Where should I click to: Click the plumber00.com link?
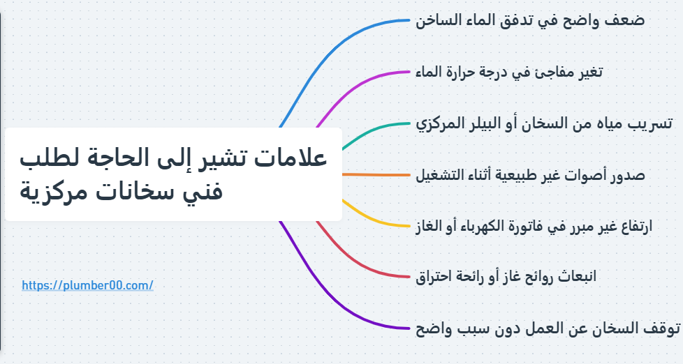click(x=87, y=285)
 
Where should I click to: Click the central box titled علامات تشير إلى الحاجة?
click(x=173, y=174)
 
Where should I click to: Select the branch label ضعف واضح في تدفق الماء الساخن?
click(x=530, y=20)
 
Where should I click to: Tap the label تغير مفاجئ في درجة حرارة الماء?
click(x=509, y=72)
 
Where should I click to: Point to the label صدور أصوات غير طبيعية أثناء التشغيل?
click(x=530, y=174)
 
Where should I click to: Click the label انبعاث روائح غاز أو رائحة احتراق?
click(x=506, y=277)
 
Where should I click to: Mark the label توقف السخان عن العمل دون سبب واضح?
click(x=548, y=328)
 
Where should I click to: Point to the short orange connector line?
click(x=377, y=174)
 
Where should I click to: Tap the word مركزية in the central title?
click(x=50, y=190)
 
